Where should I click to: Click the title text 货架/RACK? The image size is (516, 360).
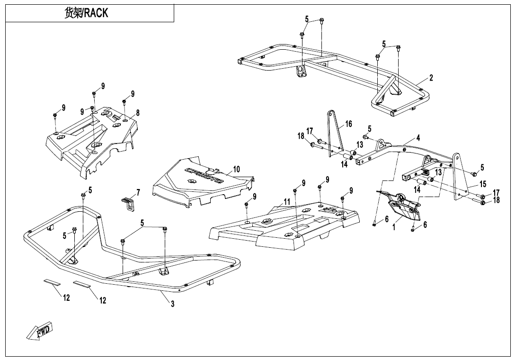click(x=86, y=13)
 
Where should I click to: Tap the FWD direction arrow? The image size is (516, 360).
click(x=40, y=330)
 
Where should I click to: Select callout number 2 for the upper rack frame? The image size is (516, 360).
click(x=431, y=78)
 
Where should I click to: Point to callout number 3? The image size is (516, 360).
click(x=173, y=304)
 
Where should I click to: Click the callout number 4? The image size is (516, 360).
click(x=418, y=138)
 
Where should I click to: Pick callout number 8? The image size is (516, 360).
click(x=138, y=113)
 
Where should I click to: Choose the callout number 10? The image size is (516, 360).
click(x=236, y=169)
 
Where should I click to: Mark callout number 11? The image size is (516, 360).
click(x=286, y=202)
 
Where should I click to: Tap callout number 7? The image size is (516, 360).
click(x=138, y=192)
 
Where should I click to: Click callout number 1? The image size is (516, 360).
click(x=394, y=227)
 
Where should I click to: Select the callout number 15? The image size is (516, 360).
click(x=483, y=183)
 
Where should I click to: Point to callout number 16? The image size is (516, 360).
click(x=348, y=124)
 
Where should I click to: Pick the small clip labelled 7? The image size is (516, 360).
click(x=127, y=203)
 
